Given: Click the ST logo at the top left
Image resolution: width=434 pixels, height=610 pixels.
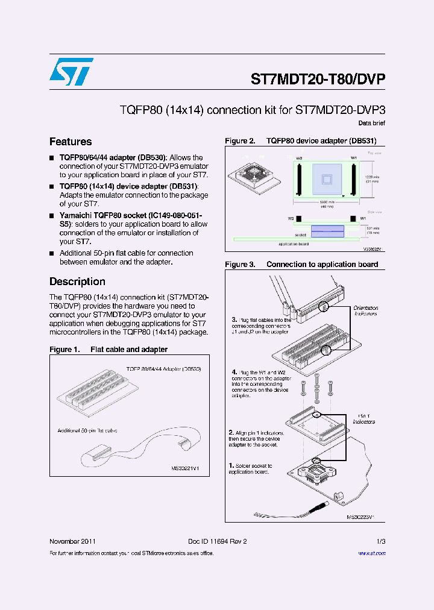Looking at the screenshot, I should (x=71, y=72).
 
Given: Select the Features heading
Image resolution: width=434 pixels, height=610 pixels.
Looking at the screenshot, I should (x=71, y=142).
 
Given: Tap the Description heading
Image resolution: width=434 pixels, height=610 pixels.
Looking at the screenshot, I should (x=77, y=281).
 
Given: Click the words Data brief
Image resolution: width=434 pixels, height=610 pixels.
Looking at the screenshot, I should (x=371, y=123).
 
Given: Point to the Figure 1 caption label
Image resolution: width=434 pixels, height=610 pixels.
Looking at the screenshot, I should (x=64, y=350).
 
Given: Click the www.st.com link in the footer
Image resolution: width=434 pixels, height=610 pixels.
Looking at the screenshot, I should (x=371, y=553).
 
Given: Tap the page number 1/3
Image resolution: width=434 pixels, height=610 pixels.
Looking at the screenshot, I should (x=380, y=541).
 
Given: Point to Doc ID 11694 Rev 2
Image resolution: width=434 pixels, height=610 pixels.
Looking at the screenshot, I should (x=213, y=541).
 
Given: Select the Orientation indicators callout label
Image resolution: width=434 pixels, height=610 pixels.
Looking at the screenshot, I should (x=365, y=311).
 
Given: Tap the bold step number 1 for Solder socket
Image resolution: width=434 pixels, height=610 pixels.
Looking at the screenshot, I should (x=231, y=466).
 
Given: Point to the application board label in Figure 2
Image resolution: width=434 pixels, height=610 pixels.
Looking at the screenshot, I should (x=294, y=244).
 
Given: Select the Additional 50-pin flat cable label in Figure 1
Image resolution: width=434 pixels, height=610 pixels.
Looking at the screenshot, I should (x=87, y=431).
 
